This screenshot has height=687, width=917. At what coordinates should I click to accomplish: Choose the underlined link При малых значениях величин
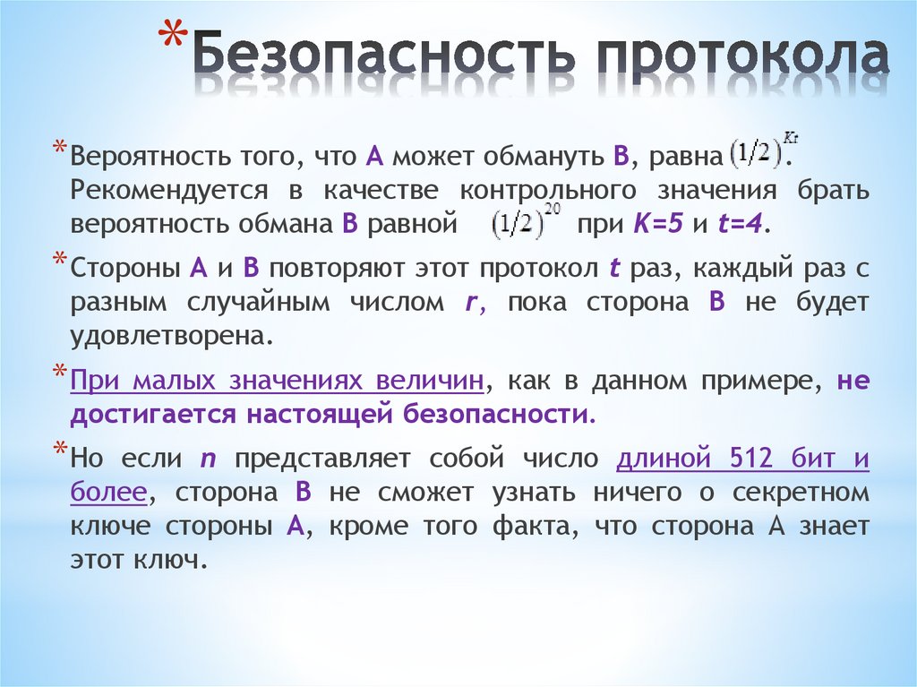click(277, 381)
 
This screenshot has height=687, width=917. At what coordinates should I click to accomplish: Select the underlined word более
click(107, 494)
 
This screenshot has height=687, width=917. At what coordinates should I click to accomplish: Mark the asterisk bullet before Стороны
click(59, 262)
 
